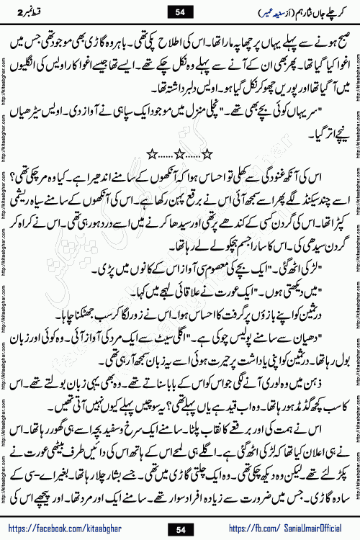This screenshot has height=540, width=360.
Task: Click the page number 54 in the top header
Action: pos(180,10)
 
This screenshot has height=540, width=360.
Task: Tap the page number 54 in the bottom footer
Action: pos(180,530)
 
